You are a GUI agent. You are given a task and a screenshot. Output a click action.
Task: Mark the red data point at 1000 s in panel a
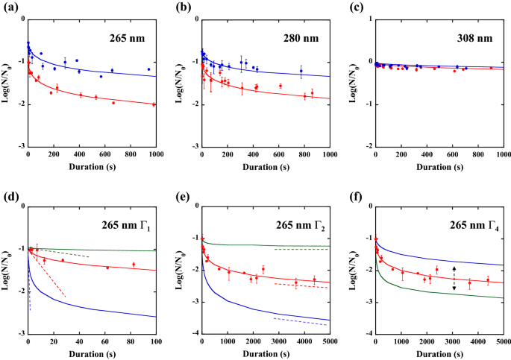tap(154, 104)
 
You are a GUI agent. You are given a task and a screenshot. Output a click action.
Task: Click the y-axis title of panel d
tap(8, 270)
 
